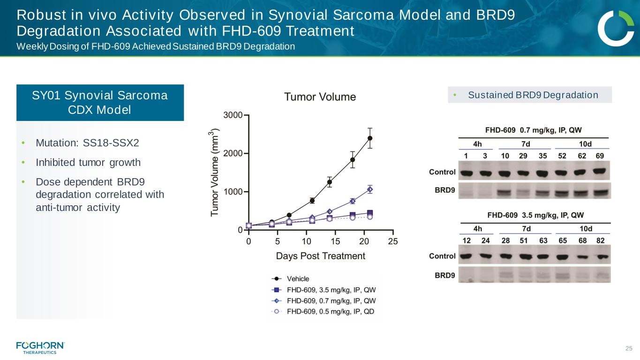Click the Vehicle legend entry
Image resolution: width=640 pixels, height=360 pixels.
coord(298,279)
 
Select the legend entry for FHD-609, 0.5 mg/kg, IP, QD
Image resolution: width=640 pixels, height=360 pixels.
coord(330,311)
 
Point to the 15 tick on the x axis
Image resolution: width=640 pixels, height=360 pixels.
coord(335,241)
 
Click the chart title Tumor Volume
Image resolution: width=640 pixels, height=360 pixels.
coord(320,97)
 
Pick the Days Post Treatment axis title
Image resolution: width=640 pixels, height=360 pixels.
coord(320,256)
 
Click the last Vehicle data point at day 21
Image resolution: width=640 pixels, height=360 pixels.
coord(370,138)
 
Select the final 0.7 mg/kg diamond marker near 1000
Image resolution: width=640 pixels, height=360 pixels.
coord(370,189)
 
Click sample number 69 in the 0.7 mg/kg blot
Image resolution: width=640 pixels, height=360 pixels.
coord(600,156)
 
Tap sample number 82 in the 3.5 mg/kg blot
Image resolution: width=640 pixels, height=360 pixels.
coord(600,240)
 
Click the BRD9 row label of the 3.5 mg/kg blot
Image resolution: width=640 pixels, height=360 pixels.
coord(443,275)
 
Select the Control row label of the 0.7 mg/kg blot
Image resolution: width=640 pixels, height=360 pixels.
coord(442,172)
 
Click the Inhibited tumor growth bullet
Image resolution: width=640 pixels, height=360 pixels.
coord(88,163)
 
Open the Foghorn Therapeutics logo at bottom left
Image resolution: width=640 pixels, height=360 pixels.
coord(40,347)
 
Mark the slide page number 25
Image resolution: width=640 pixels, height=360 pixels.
coord(629,348)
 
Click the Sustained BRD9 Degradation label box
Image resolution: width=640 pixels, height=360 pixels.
coord(529,95)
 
